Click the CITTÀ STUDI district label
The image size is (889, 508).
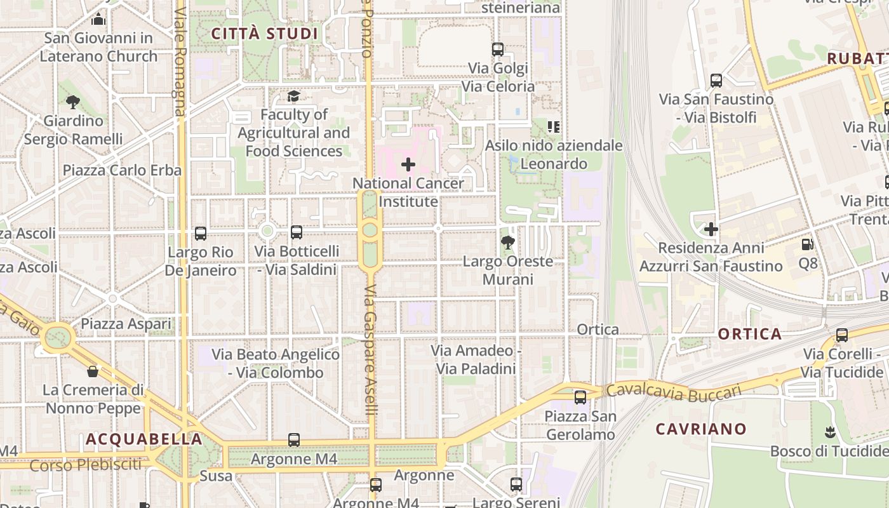(x=264, y=34)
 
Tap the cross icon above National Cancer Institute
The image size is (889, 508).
(x=408, y=165)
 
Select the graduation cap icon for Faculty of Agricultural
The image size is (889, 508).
(x=293, y=96)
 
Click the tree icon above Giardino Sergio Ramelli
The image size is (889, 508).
(x=73, y=102)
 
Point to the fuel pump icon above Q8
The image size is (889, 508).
(x=808, y=244)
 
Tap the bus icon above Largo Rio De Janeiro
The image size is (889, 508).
(x=201, y=234)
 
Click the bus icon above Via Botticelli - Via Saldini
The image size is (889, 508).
(x=297, y=232)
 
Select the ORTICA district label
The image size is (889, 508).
(x=750, y=334)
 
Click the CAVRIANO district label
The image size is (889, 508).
(x=701, y=429)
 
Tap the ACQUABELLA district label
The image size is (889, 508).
(x=144, y=439)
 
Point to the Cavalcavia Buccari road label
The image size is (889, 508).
(x=674, y=391)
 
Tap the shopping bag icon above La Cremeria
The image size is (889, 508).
(x=93, y=371)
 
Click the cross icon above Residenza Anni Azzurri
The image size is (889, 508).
(x=711, y=229)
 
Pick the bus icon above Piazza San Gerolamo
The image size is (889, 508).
(x=580, y=398)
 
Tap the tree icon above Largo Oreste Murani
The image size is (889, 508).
(x=507, y=243)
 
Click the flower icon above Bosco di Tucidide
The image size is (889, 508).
(x=829, y=433)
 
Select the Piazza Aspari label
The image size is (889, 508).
(x=126, y=324)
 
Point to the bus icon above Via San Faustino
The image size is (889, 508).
(x=716, y=81)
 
